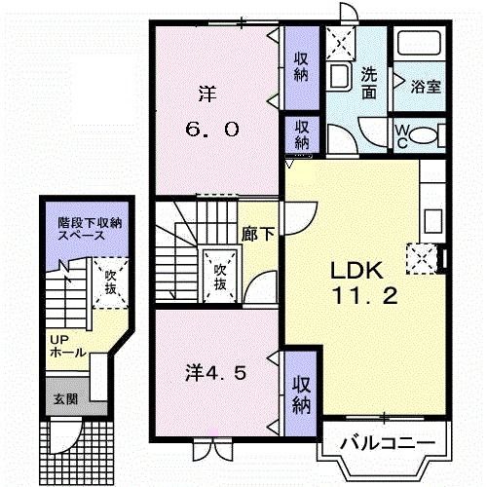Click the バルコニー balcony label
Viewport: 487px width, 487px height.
click(386, 443)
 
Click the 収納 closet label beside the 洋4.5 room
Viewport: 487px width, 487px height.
click(301, 386)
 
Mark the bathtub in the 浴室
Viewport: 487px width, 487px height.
click(419, 45)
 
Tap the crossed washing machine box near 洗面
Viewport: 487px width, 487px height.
click(343, 42)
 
